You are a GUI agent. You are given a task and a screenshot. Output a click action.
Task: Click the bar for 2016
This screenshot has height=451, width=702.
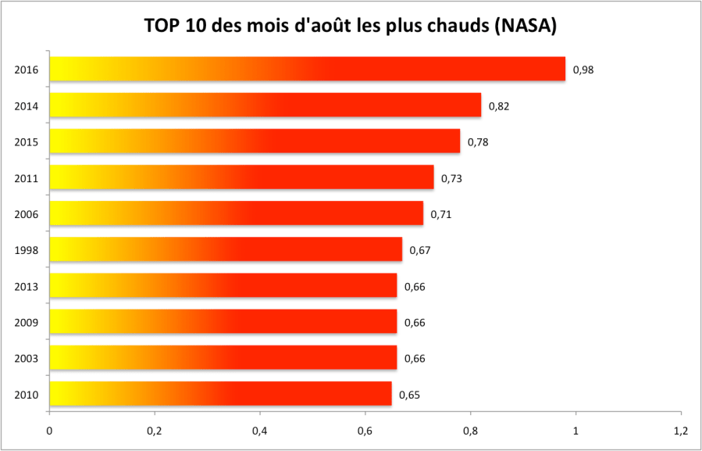pyautogui.click(x=307, y=69)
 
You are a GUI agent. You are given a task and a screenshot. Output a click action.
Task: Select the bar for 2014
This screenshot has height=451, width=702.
pyautogui.click(x=265, y=105)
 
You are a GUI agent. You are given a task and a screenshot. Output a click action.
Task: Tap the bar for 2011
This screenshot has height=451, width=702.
pyautogui.click(x=241, y=177)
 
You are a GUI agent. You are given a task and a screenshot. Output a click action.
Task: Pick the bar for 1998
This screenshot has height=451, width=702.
pyautogui.click(x=226, y=249)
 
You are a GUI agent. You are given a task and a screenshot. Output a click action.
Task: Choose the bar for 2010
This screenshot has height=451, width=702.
pyautogui.click(x=220, y=393)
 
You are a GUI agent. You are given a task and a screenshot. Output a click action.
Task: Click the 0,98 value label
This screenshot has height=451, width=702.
pyautogui.click(x=583, y=70)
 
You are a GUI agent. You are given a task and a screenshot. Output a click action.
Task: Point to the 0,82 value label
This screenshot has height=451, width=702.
pyautogui.click(x=499, y=106)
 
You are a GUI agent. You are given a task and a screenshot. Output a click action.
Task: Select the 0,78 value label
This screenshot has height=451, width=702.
pyautogui.click(x=478, y=141)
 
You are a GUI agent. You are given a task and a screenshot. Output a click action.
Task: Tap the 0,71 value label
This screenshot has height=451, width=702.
pyautogui.click(x=441, y=214)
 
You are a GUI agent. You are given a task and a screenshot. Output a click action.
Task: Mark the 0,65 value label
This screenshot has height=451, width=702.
pyautogui.click(x=409, y=395)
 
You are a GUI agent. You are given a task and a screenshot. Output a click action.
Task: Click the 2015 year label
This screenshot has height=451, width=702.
pyautogui.click(x=27, y=141)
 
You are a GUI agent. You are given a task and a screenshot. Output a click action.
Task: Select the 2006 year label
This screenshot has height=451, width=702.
pyautogui.click(x=27, y=214)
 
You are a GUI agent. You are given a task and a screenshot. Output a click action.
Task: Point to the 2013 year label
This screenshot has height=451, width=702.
pyautogui.click(x=27, y=286)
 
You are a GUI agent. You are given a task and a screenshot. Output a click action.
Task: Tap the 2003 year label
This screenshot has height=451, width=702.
pyautogui.click(x=27, y=358)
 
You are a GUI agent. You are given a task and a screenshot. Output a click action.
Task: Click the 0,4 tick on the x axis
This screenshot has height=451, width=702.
pyautogui.click(x=260, y=431)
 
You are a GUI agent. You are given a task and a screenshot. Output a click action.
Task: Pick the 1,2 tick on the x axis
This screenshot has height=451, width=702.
pyautogui.click(x=680, y=431)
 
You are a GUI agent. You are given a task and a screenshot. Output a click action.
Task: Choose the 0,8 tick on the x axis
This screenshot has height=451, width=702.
pyautogui.click(x=470, y=431)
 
